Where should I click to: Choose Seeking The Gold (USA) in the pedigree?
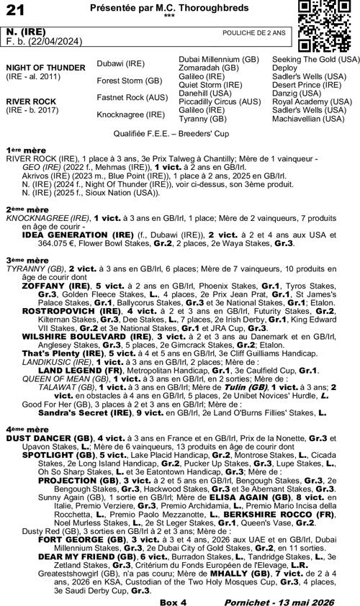tap(315, 58)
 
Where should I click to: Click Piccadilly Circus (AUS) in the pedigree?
tap(219, 101)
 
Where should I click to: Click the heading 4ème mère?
tap(22, 428)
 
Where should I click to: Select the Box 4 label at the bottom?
tap(173, 600)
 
